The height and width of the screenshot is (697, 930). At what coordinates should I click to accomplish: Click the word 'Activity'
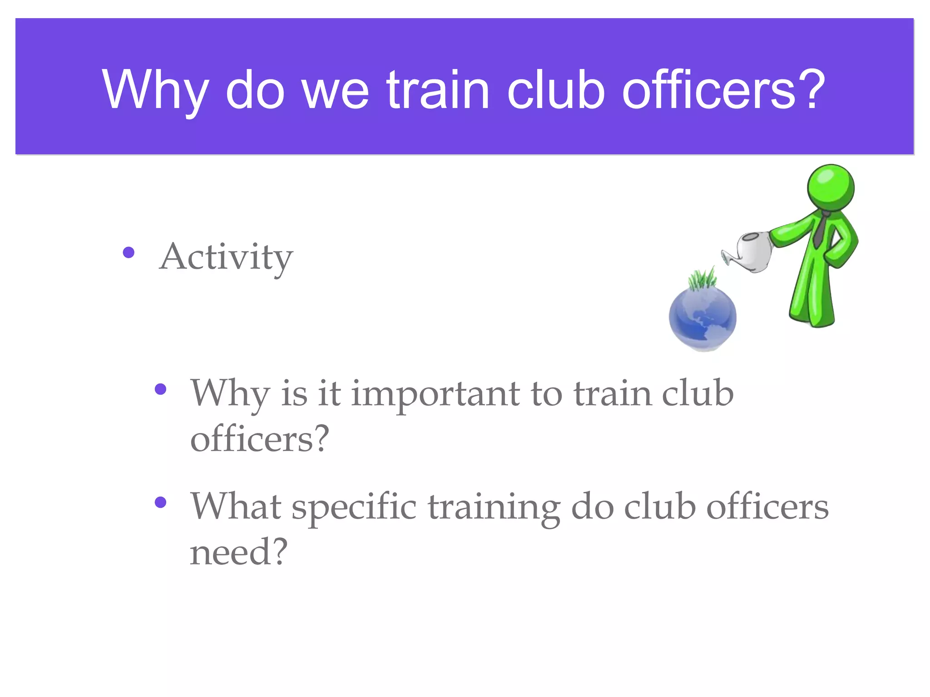click(226, 257)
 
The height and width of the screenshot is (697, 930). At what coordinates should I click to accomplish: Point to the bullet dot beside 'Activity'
click(129, 252)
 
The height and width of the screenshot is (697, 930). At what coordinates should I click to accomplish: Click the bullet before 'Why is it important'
click(160, 389)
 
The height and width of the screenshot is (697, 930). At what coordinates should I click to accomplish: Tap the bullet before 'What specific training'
click(160, 502)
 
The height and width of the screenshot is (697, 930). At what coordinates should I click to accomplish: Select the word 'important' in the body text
click(435, 394)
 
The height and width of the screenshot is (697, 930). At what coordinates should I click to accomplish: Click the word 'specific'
click(354, 507)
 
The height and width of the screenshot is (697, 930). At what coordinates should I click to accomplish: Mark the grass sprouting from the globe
click(702, 278)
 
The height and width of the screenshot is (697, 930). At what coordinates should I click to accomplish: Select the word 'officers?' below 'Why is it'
click(259, 439)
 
